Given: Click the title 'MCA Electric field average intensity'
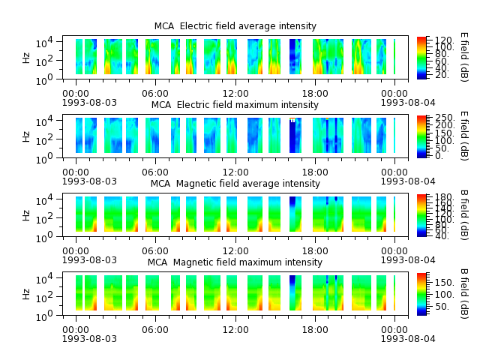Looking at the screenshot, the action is (235, 26).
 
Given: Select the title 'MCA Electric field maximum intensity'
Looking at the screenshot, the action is (235, 105).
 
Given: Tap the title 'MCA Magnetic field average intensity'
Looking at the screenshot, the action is (235, 183).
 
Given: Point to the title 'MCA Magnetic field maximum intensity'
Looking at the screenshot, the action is (235, 262).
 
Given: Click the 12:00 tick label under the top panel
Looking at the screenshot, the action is (235, 93).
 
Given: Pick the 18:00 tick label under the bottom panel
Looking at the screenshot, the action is (315, 330).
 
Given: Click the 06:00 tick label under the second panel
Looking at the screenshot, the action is (155, 172).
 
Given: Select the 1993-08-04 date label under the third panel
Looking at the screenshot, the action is (408, 260).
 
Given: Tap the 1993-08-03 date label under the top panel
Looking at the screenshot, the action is (89, 102).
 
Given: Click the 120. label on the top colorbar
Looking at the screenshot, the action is (444, 40).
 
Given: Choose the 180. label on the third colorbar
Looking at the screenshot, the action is (444, 196).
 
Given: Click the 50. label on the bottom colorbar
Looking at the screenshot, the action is (442, 307).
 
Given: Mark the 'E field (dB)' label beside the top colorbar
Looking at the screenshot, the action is (464, 57).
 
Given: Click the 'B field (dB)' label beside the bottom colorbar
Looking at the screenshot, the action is (464, 294).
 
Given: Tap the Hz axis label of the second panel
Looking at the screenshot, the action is (26, 136).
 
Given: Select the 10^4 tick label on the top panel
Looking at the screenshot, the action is (44, 42).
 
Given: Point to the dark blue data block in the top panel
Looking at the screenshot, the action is (292, 57).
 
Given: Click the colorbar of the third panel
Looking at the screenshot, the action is (421, 215).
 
